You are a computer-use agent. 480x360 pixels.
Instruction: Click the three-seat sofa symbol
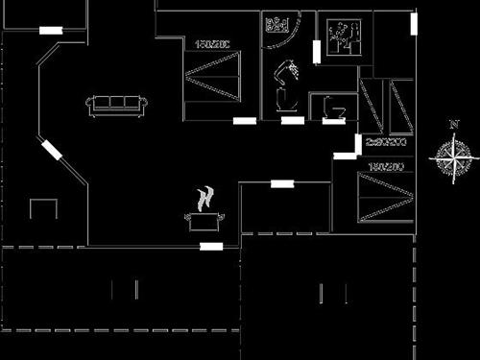click(x=115, y=106)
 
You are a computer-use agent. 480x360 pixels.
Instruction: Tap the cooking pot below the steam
click(x=203, y=222)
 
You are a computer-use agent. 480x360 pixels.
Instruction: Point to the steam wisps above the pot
click(x=204, y=199)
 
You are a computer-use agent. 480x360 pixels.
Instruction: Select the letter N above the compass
click(x=453, y=124)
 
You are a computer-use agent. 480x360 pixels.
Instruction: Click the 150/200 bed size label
click(x=211, y=44)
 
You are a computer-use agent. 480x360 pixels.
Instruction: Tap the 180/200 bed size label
click(x=384, y=167)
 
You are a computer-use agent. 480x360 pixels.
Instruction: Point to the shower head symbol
click(x=286, y=83)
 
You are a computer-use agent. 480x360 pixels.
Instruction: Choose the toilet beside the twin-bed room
click(x=334, y=108)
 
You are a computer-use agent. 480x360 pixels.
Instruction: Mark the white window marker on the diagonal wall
click(x=52, y=150)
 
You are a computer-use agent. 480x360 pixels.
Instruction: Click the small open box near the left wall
click(x=44, y=208)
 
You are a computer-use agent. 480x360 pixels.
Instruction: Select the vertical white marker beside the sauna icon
click(x=316, y=52)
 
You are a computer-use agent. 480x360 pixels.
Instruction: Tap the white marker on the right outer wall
click(x=414, y=23)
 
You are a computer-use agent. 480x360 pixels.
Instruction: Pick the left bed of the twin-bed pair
click(x=372, y=106)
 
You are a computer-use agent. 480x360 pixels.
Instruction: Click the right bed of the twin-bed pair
click(x=401, y=106)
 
